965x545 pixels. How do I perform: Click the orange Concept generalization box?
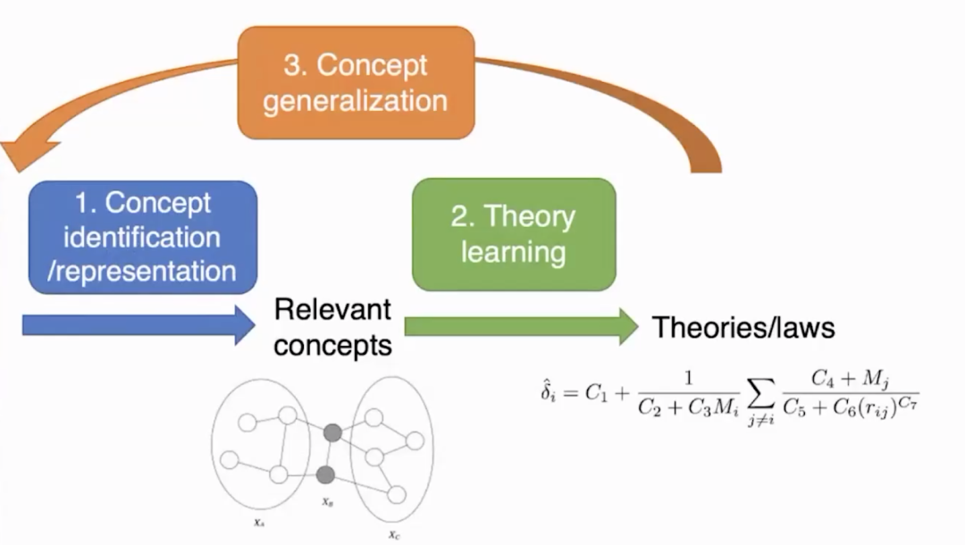[x=355, y=82]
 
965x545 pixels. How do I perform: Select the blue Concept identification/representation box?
[x=144, y=237]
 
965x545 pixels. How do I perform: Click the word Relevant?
[x=332, y=310]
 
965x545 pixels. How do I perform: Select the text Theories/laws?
[x=743, y=327]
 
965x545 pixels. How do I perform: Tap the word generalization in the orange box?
[x=355, y=99]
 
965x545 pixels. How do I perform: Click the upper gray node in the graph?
[x=332, y=433]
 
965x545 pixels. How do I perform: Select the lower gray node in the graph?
[x=325, y=474]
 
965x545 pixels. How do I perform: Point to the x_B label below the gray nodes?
[x=328, y=502]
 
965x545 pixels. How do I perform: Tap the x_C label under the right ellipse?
[x=393, y=535]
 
